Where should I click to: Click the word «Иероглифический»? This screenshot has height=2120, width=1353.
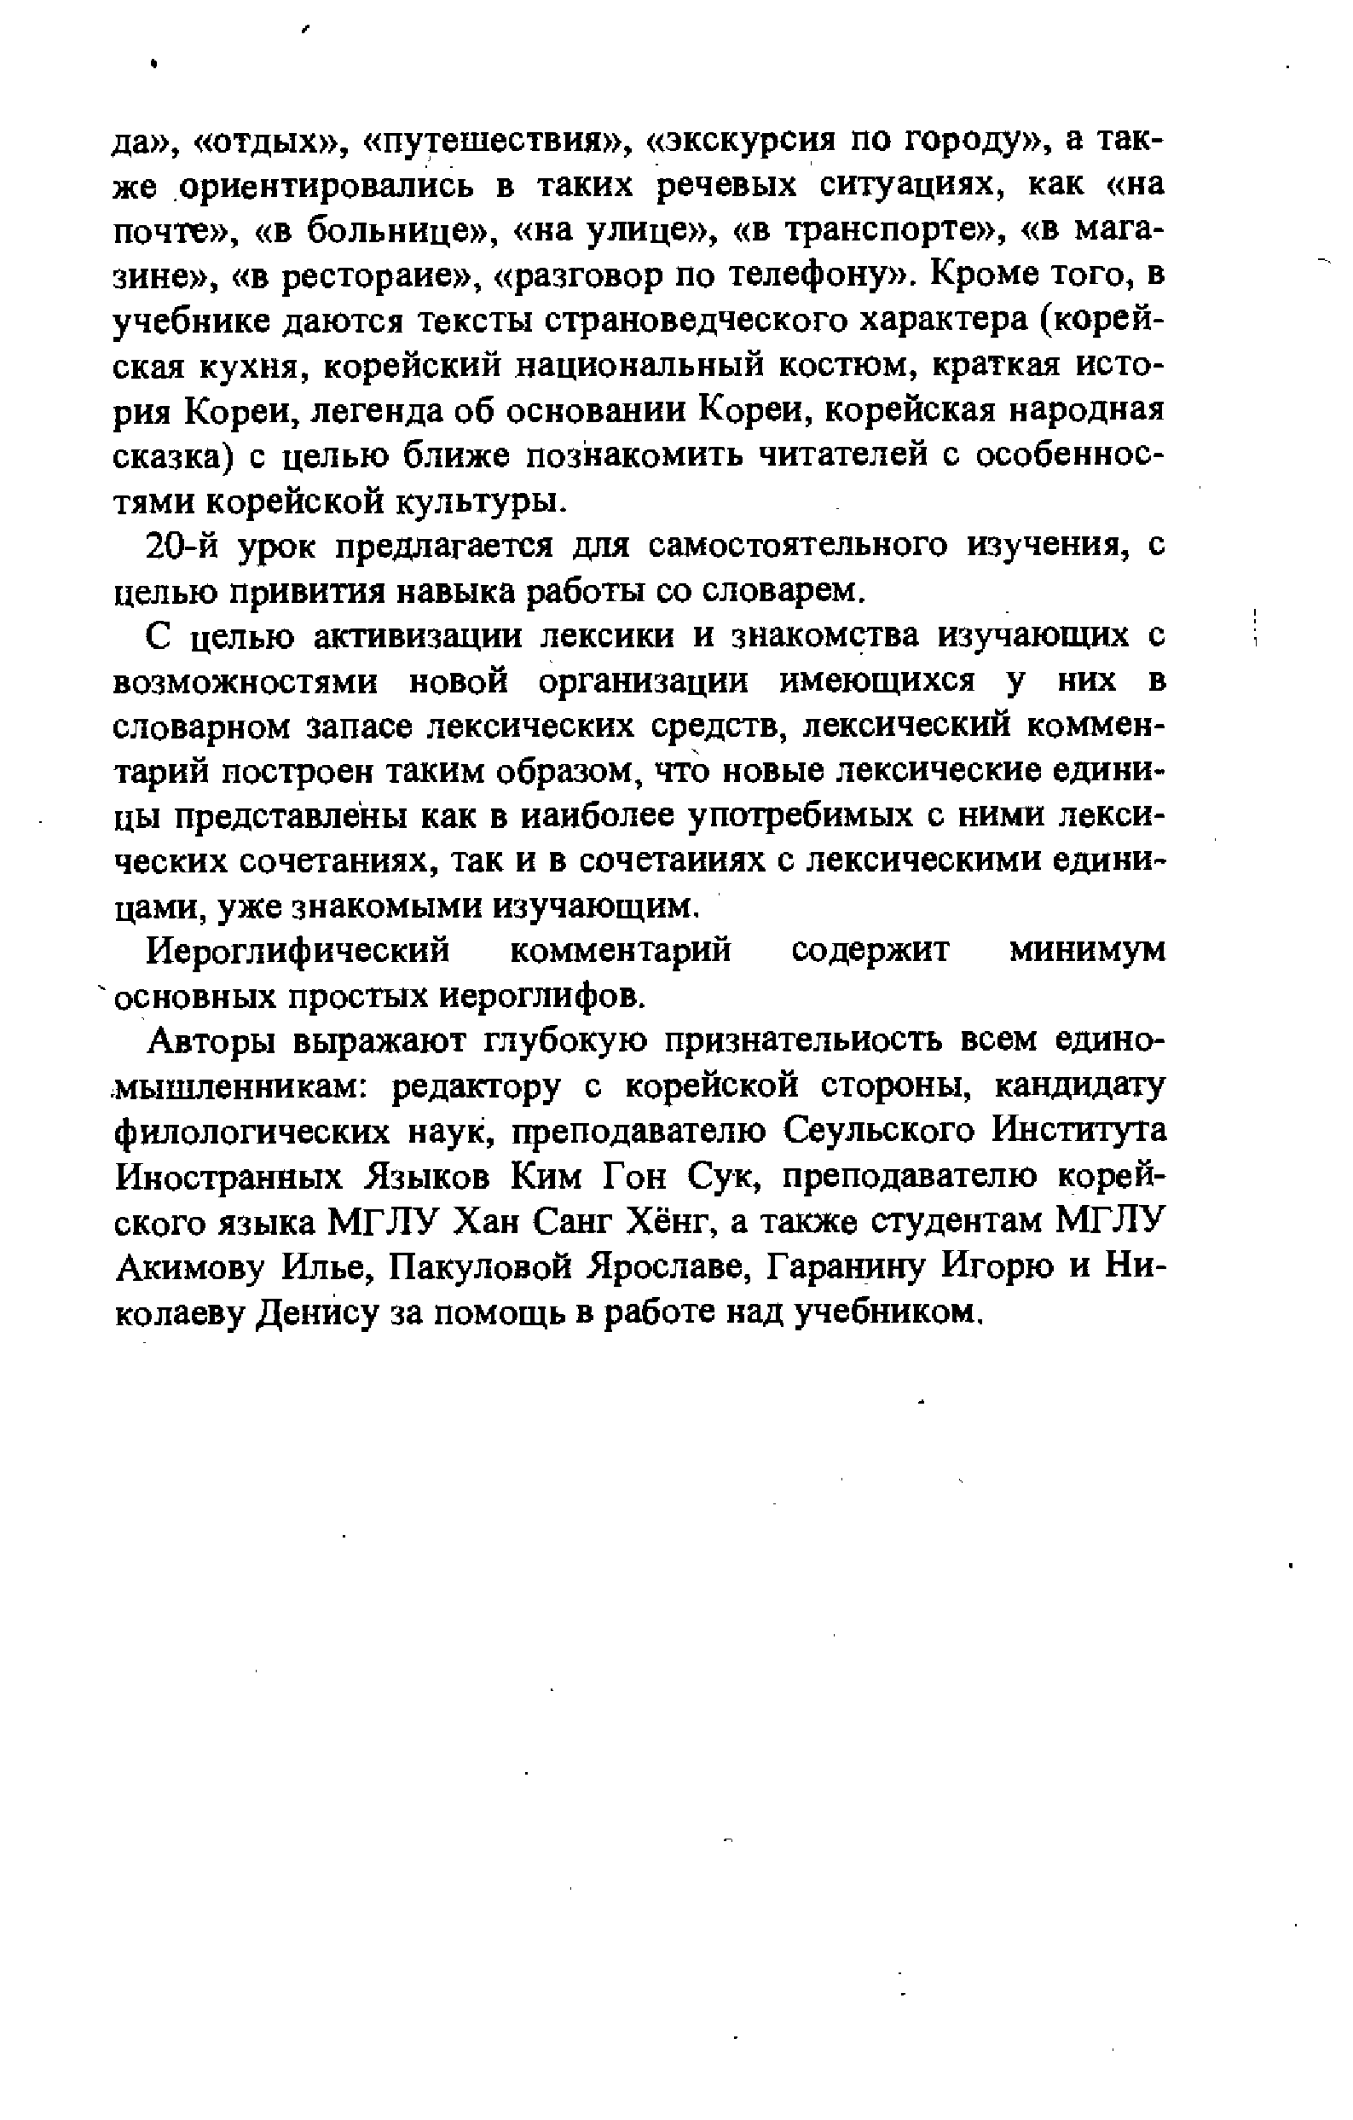click(298, 951)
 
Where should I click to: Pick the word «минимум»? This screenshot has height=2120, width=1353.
click(1086, 951)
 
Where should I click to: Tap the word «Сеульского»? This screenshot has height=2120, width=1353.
click(881, 1132)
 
